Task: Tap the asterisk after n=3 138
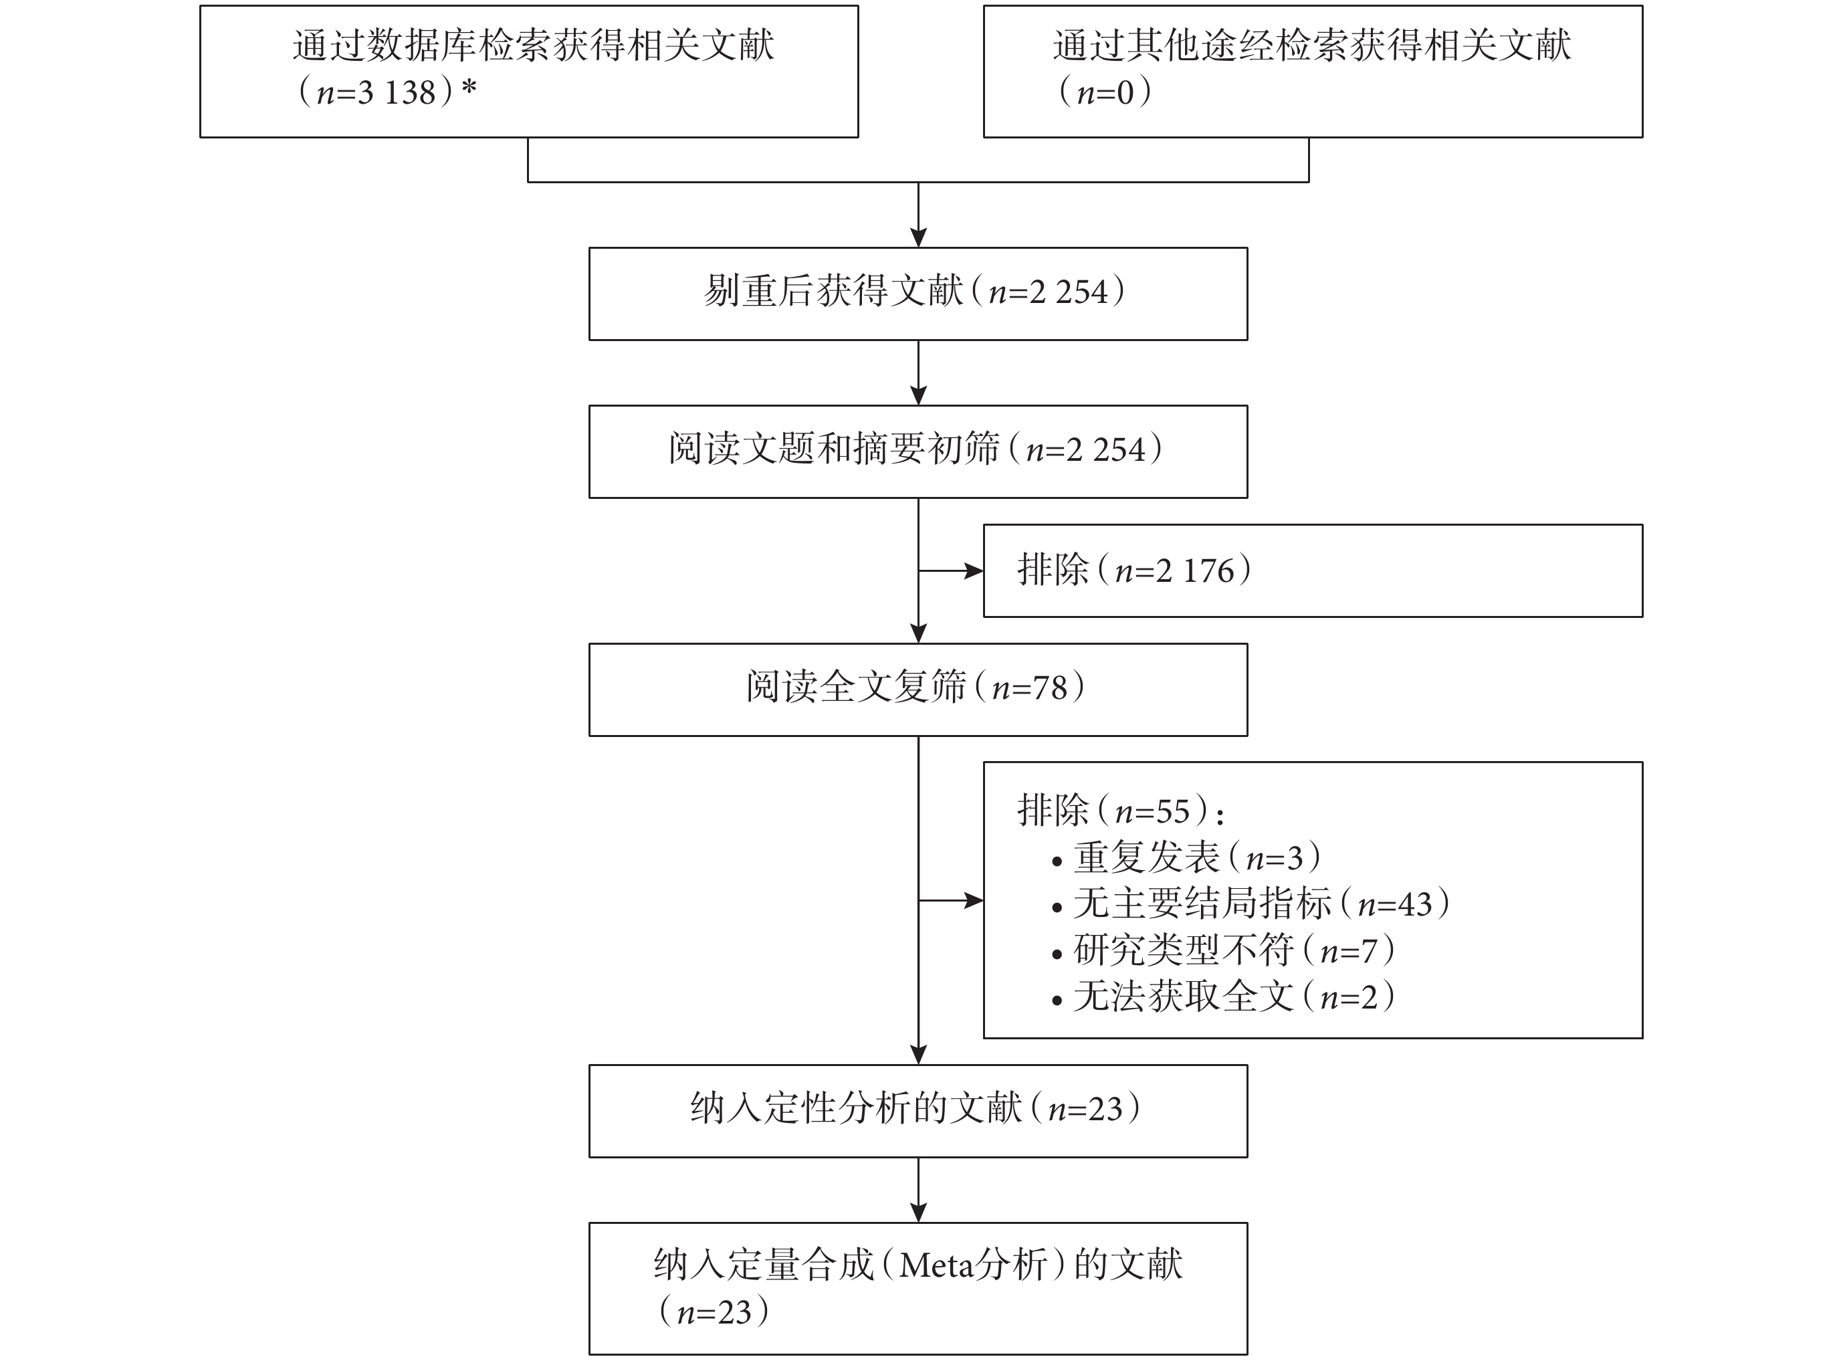pos(469,88)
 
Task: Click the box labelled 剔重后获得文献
pos(917,294)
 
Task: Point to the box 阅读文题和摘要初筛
pos(917,451)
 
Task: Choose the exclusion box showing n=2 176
pos(1313,570)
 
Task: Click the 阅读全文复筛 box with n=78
pos(917,690)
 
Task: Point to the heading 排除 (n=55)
pos(1121,811)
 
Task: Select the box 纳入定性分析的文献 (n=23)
pos(917,1111)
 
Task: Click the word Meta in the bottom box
pos(935,1265)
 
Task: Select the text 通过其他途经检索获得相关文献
pos(1311,45)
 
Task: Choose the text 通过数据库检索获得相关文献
pos(533,45)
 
